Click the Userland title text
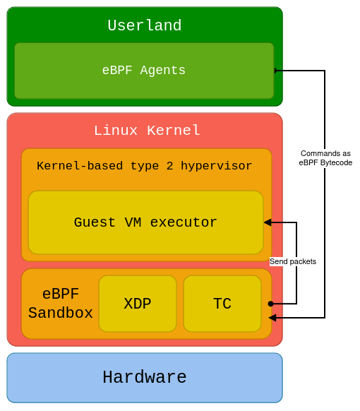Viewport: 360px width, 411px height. coord(144,26)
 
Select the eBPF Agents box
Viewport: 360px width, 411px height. coord(144,71)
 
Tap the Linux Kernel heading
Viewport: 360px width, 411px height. coord(147,131)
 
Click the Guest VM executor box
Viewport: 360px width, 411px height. coord(145,222)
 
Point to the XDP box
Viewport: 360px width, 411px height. coord(138,304)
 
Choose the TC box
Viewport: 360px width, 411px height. coord(222,304)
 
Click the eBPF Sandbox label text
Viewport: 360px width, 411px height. coord(61,304)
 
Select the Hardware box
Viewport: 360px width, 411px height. coord(144,378)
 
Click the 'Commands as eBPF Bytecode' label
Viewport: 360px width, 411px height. coord(325,157)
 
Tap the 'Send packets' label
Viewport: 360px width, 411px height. coord(293,261)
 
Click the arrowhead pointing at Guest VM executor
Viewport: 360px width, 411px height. coord(268,222)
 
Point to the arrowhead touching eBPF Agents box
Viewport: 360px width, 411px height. coord(277,71)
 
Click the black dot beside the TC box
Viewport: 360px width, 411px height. coord(270,304)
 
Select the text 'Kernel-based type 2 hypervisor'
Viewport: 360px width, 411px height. coord(144,166)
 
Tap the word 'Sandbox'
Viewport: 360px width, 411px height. coord(61,313)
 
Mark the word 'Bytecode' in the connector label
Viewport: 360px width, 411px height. coord(335,162)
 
